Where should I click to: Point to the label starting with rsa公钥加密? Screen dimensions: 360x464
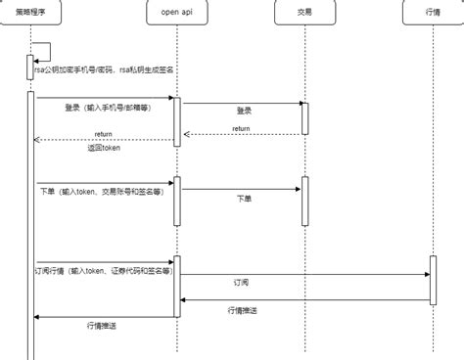(103, 70)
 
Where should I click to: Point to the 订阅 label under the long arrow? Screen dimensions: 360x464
(241, 281)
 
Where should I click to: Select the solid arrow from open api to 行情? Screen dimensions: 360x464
(303, 274)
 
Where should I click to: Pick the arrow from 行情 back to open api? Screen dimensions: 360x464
(303, 299)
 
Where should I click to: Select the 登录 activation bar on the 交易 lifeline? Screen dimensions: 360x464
(304, 118)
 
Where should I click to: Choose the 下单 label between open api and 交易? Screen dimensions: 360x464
(244, 198)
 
